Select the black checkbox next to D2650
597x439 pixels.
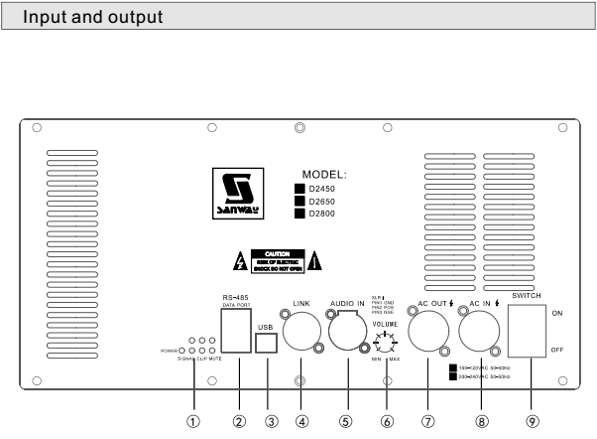pos(300,199)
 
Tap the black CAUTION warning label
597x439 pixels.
pos(277,262)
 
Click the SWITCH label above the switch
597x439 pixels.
pos(530,294)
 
